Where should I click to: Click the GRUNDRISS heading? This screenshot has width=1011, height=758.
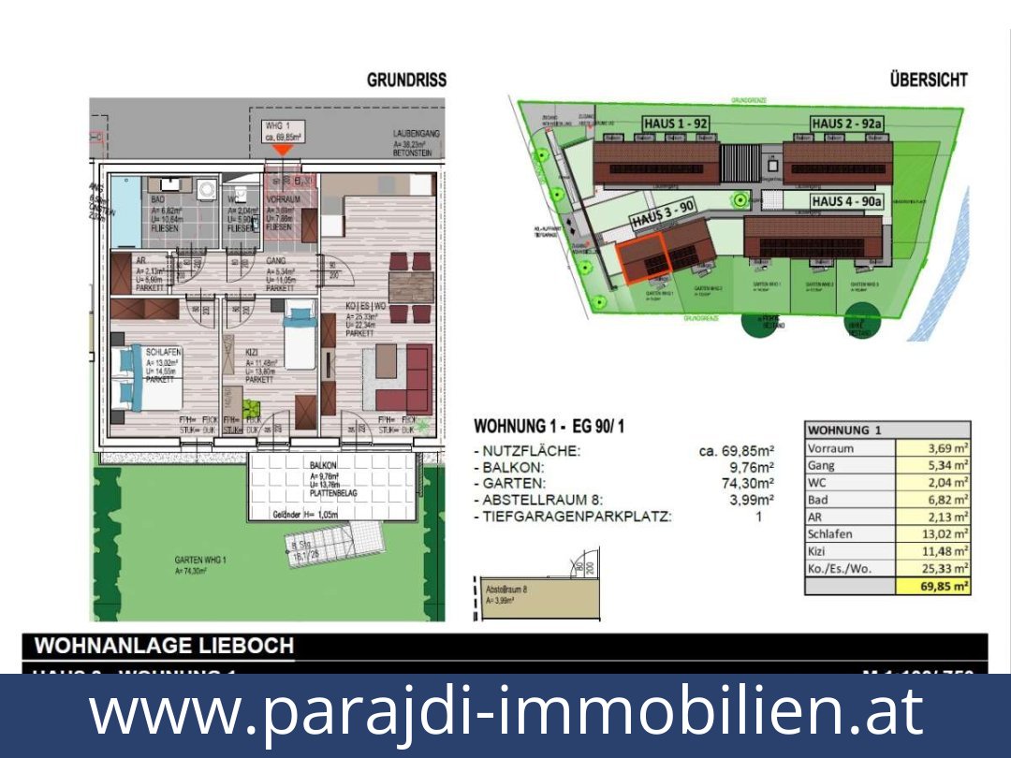click(x=406, y=80)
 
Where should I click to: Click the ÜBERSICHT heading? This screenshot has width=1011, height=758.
click(x=928, y=80)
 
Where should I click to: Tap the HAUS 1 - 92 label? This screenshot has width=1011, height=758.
click(x=675, y=124)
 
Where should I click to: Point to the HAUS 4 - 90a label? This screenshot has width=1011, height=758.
click(x=845, y=201)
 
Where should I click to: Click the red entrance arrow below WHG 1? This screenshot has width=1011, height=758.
click(x=281, y=151)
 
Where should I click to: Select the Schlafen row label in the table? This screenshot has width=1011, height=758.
click(x=830, y=534)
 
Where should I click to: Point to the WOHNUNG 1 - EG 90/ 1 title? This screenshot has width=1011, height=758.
click(x=549, y=427)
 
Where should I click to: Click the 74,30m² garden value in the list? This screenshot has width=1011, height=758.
click(x=752, y=484)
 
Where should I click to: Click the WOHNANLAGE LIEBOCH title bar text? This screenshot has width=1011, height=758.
click(x=165, y=646)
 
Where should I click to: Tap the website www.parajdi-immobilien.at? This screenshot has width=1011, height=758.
click(x=505, y=712)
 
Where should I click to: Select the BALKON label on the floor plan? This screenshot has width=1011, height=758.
click(x=324, y=465)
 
